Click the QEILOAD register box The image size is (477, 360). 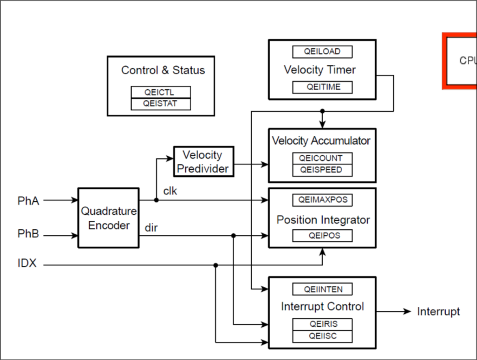(322, 52)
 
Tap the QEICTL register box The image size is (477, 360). (161, 92)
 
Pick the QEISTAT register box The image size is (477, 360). (161, 104)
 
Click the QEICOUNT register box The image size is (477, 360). (322, 159)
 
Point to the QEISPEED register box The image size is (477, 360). (322, 170)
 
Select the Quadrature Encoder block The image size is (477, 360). (109, 218)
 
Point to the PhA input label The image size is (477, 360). (28, 200)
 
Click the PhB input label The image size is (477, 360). (28, 235)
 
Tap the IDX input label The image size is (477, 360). (27, 264)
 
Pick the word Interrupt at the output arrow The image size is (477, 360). (438, 312)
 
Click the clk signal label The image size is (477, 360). (170, 191)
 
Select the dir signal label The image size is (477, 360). (151, 227)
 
